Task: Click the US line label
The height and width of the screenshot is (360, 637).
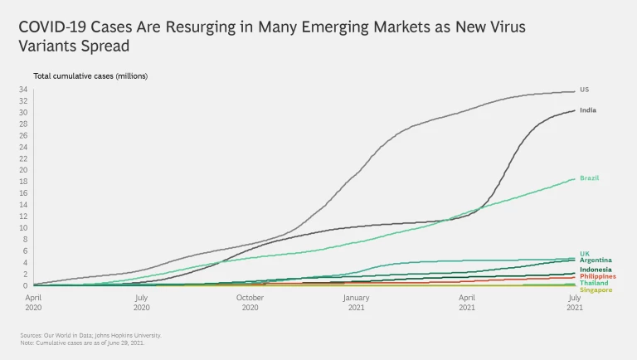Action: point(584,89)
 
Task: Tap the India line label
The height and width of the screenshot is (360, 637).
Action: point(587,110)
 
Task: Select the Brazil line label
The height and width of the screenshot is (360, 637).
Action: point(589,178)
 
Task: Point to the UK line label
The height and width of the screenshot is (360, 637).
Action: point(585,253)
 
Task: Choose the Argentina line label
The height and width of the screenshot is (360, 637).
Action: point(596,260)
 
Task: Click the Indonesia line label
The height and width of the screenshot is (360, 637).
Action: point(596,270)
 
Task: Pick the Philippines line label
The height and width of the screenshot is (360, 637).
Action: point(598,276)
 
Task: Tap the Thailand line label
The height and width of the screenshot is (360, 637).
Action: point(594,283)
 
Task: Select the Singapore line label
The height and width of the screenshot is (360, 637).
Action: point(596,289)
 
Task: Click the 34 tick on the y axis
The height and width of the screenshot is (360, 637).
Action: point(24,90)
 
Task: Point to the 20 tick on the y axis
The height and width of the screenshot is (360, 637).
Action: point(24,170)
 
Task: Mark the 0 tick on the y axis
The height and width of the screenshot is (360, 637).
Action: point(26,285)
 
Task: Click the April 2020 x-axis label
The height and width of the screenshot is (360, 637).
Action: point(33,301)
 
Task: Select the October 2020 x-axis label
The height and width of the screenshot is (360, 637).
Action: point(250,301)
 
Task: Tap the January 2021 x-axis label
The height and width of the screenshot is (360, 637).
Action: point(357,301)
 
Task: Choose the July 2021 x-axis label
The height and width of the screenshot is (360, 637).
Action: point(574,301)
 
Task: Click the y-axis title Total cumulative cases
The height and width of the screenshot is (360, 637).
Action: point(90,76)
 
